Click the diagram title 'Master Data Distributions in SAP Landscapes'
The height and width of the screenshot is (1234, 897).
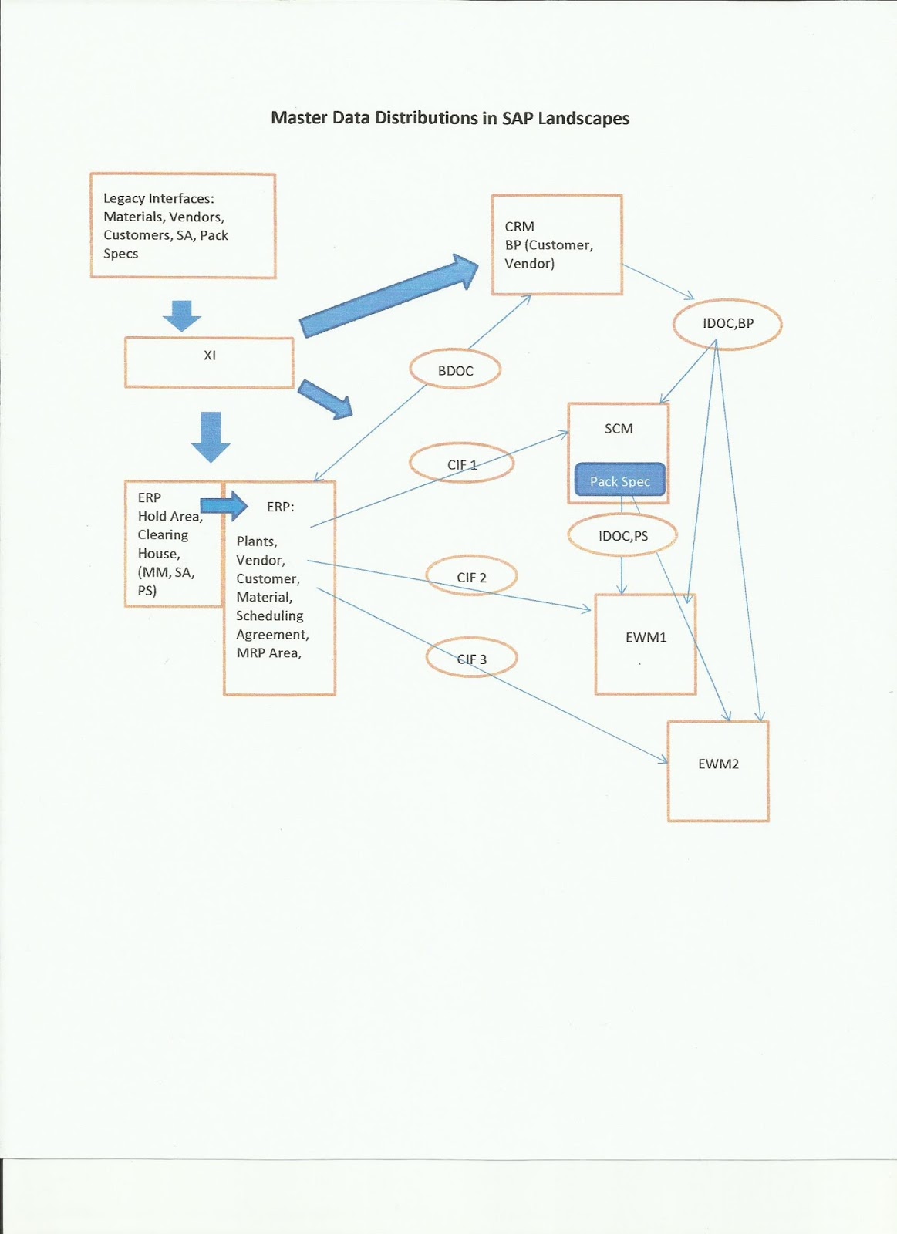[450, 118]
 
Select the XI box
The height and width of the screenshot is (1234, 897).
[209, 362]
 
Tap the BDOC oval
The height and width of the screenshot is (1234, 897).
[455, 370]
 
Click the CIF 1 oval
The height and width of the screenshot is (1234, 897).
[461, 464]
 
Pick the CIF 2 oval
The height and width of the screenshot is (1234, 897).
[471, 577]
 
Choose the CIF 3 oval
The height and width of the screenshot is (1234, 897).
[471, 659]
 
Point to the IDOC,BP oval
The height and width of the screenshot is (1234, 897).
[727, 323]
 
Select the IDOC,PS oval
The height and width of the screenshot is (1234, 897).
[622, 535]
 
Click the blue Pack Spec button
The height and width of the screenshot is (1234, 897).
[619, 480]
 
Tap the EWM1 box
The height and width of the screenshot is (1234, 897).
[646, 644]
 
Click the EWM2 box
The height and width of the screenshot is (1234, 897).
[718, 770]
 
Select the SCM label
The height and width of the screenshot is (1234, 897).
[619, 428]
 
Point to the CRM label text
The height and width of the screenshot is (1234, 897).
[519, 226]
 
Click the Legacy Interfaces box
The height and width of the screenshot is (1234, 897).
[183, 225]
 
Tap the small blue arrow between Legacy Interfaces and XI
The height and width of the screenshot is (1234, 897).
[182, 315]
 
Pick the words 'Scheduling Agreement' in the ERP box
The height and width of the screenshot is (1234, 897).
[271, 625]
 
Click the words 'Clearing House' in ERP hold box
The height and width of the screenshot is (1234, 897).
[162, 544]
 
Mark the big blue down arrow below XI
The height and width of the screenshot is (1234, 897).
[211, 436]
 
